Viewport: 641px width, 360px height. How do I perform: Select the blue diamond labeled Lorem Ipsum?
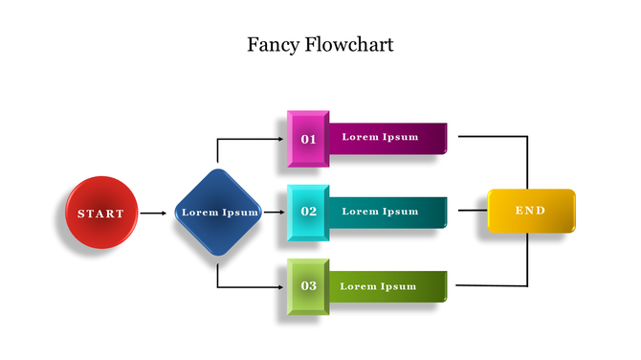219,213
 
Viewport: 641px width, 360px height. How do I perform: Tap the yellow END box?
531,211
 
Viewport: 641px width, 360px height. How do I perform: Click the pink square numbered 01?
308,139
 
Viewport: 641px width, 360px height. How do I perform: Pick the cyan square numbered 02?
308,212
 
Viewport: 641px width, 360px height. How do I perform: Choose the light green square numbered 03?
308,285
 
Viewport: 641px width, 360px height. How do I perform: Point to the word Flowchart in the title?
351,45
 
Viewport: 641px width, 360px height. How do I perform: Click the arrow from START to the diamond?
153,213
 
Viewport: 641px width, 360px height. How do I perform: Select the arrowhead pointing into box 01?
283,139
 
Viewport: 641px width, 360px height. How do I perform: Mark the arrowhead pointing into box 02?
283,213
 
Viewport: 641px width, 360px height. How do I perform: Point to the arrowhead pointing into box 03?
283,286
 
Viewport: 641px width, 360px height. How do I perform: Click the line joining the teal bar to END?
473,211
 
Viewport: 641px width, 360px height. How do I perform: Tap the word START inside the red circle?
100,214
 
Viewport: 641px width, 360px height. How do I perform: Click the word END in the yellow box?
530,211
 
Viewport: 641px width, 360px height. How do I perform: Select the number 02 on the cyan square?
308,212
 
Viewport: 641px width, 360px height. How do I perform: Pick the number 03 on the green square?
308,286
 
